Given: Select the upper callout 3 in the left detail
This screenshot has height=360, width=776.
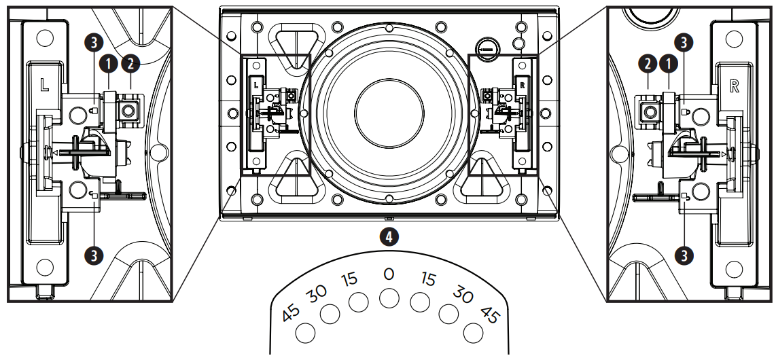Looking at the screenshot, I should pos(95,41).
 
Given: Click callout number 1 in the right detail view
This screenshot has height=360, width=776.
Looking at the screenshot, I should pos(670,64).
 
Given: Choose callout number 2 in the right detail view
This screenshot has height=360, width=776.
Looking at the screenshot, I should pos(648,64).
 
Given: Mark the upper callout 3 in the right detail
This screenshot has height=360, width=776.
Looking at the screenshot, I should pos(685,41).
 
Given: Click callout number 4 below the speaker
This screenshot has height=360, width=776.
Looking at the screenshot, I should pos(388,236).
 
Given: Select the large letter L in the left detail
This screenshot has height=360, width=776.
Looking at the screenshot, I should pos(43,86).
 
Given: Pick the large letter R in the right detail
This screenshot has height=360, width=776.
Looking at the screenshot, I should pos(733,86).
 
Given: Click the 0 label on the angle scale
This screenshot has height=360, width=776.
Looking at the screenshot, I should pos(389,274).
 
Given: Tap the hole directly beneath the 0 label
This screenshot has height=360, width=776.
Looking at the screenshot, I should pos(389,298).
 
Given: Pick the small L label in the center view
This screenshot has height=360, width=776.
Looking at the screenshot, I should pos(256,86).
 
